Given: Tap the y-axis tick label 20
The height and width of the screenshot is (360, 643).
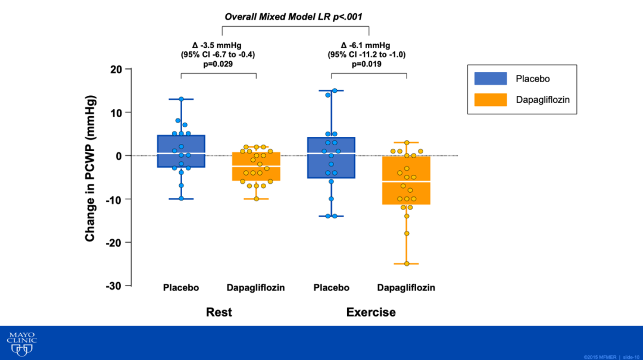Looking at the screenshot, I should pos(117,70).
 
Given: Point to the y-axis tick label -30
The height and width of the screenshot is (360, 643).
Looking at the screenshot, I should pos(114,286).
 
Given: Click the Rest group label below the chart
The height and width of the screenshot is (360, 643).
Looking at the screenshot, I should pos(219,312).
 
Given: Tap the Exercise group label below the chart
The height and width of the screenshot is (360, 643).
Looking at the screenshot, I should pos(371,312).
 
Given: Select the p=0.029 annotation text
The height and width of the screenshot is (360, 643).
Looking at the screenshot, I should pos(218,64).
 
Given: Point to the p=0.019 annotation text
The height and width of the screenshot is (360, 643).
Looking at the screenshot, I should pos(366,64).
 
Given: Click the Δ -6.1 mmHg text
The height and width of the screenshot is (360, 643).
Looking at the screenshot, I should pos(366,45).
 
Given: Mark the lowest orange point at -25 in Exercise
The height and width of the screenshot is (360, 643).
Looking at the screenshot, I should pos(407,264).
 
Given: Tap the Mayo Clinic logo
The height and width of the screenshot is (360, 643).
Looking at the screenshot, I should pos(22,345).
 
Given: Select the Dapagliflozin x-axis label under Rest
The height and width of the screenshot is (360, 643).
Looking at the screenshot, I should pos(255,288).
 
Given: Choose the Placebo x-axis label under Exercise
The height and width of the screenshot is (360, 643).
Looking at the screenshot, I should pos(331,288).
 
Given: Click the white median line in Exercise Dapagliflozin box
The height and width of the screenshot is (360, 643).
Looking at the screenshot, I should pos(407,181).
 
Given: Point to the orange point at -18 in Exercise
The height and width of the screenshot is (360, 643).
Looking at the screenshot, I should pos(407,233).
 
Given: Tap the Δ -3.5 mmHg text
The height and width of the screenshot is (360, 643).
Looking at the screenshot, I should pos(218,45).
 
